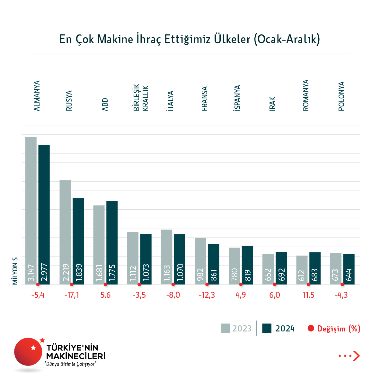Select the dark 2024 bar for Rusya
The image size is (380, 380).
pyautogui.click(x=78, y=241)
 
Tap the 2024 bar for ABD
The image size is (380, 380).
pyautogui.click(x=112, y=243)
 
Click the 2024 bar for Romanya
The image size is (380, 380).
pyautogui.click(x=315, y=268)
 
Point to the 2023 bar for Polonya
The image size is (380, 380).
pyautogui.click(x=336, y=268)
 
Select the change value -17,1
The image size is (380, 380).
pyautogui.click(x=71, y=295)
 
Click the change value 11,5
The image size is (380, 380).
pyautogui.click(x=308, y=295)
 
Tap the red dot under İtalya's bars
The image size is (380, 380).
pyautogui.click(x=173, y=285)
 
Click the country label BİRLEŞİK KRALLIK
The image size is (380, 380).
pyautogui.click(x=141, y=98)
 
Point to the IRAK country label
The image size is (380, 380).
pyautogui.click(x=272, y=104)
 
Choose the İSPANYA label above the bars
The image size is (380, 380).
pyautogui.click(x=237, y=98)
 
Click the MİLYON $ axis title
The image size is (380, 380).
pyautogui.click(x=15, y=271)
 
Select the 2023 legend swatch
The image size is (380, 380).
pyautogui.click(x=225, y=328)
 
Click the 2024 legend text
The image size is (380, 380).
pyautogui.click(x=285, y=329)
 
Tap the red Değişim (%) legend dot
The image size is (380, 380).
pyautogui.click(x=311, y=328)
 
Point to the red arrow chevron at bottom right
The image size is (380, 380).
pyautogui.click(x=356, y=356)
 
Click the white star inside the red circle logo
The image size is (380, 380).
pyautogui.click(x=33, y=348)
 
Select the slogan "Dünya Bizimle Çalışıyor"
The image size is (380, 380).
pyautogui.click(x=71, y=364)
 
